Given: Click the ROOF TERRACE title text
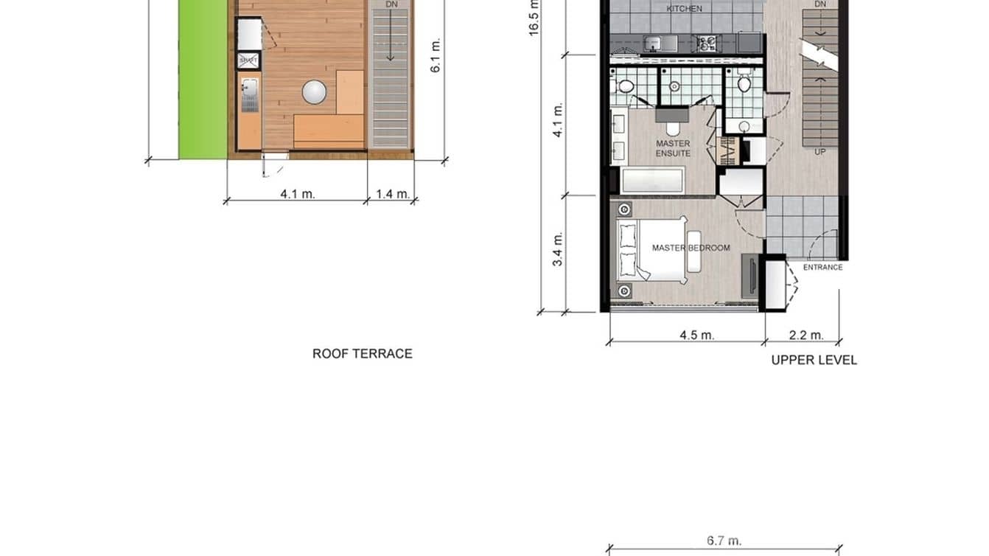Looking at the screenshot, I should (x=362, y=354).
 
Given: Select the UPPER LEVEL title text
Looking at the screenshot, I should (x=814, y=361).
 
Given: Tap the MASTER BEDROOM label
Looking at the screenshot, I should (x=691, y=248).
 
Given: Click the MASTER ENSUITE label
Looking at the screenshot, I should (x=673, y=148).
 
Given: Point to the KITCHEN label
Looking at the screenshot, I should (x=684, y=9).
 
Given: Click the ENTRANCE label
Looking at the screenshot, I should (x=822, y=268).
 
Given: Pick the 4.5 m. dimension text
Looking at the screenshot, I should (x=696, y=335).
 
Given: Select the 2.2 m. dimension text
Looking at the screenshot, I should (x=805, y=335).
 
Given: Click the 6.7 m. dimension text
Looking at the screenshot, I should (x=724, y=541).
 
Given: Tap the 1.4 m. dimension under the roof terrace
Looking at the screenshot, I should (x=392, y=194).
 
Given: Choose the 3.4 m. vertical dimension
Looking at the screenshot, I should (x=558, y=249).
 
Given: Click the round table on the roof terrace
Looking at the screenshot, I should (x=314, y=92).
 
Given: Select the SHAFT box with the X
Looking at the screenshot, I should (x=248, y=60).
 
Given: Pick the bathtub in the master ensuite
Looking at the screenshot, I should (x=653, y=181).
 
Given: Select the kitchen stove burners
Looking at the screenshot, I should (x=707, y=44).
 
